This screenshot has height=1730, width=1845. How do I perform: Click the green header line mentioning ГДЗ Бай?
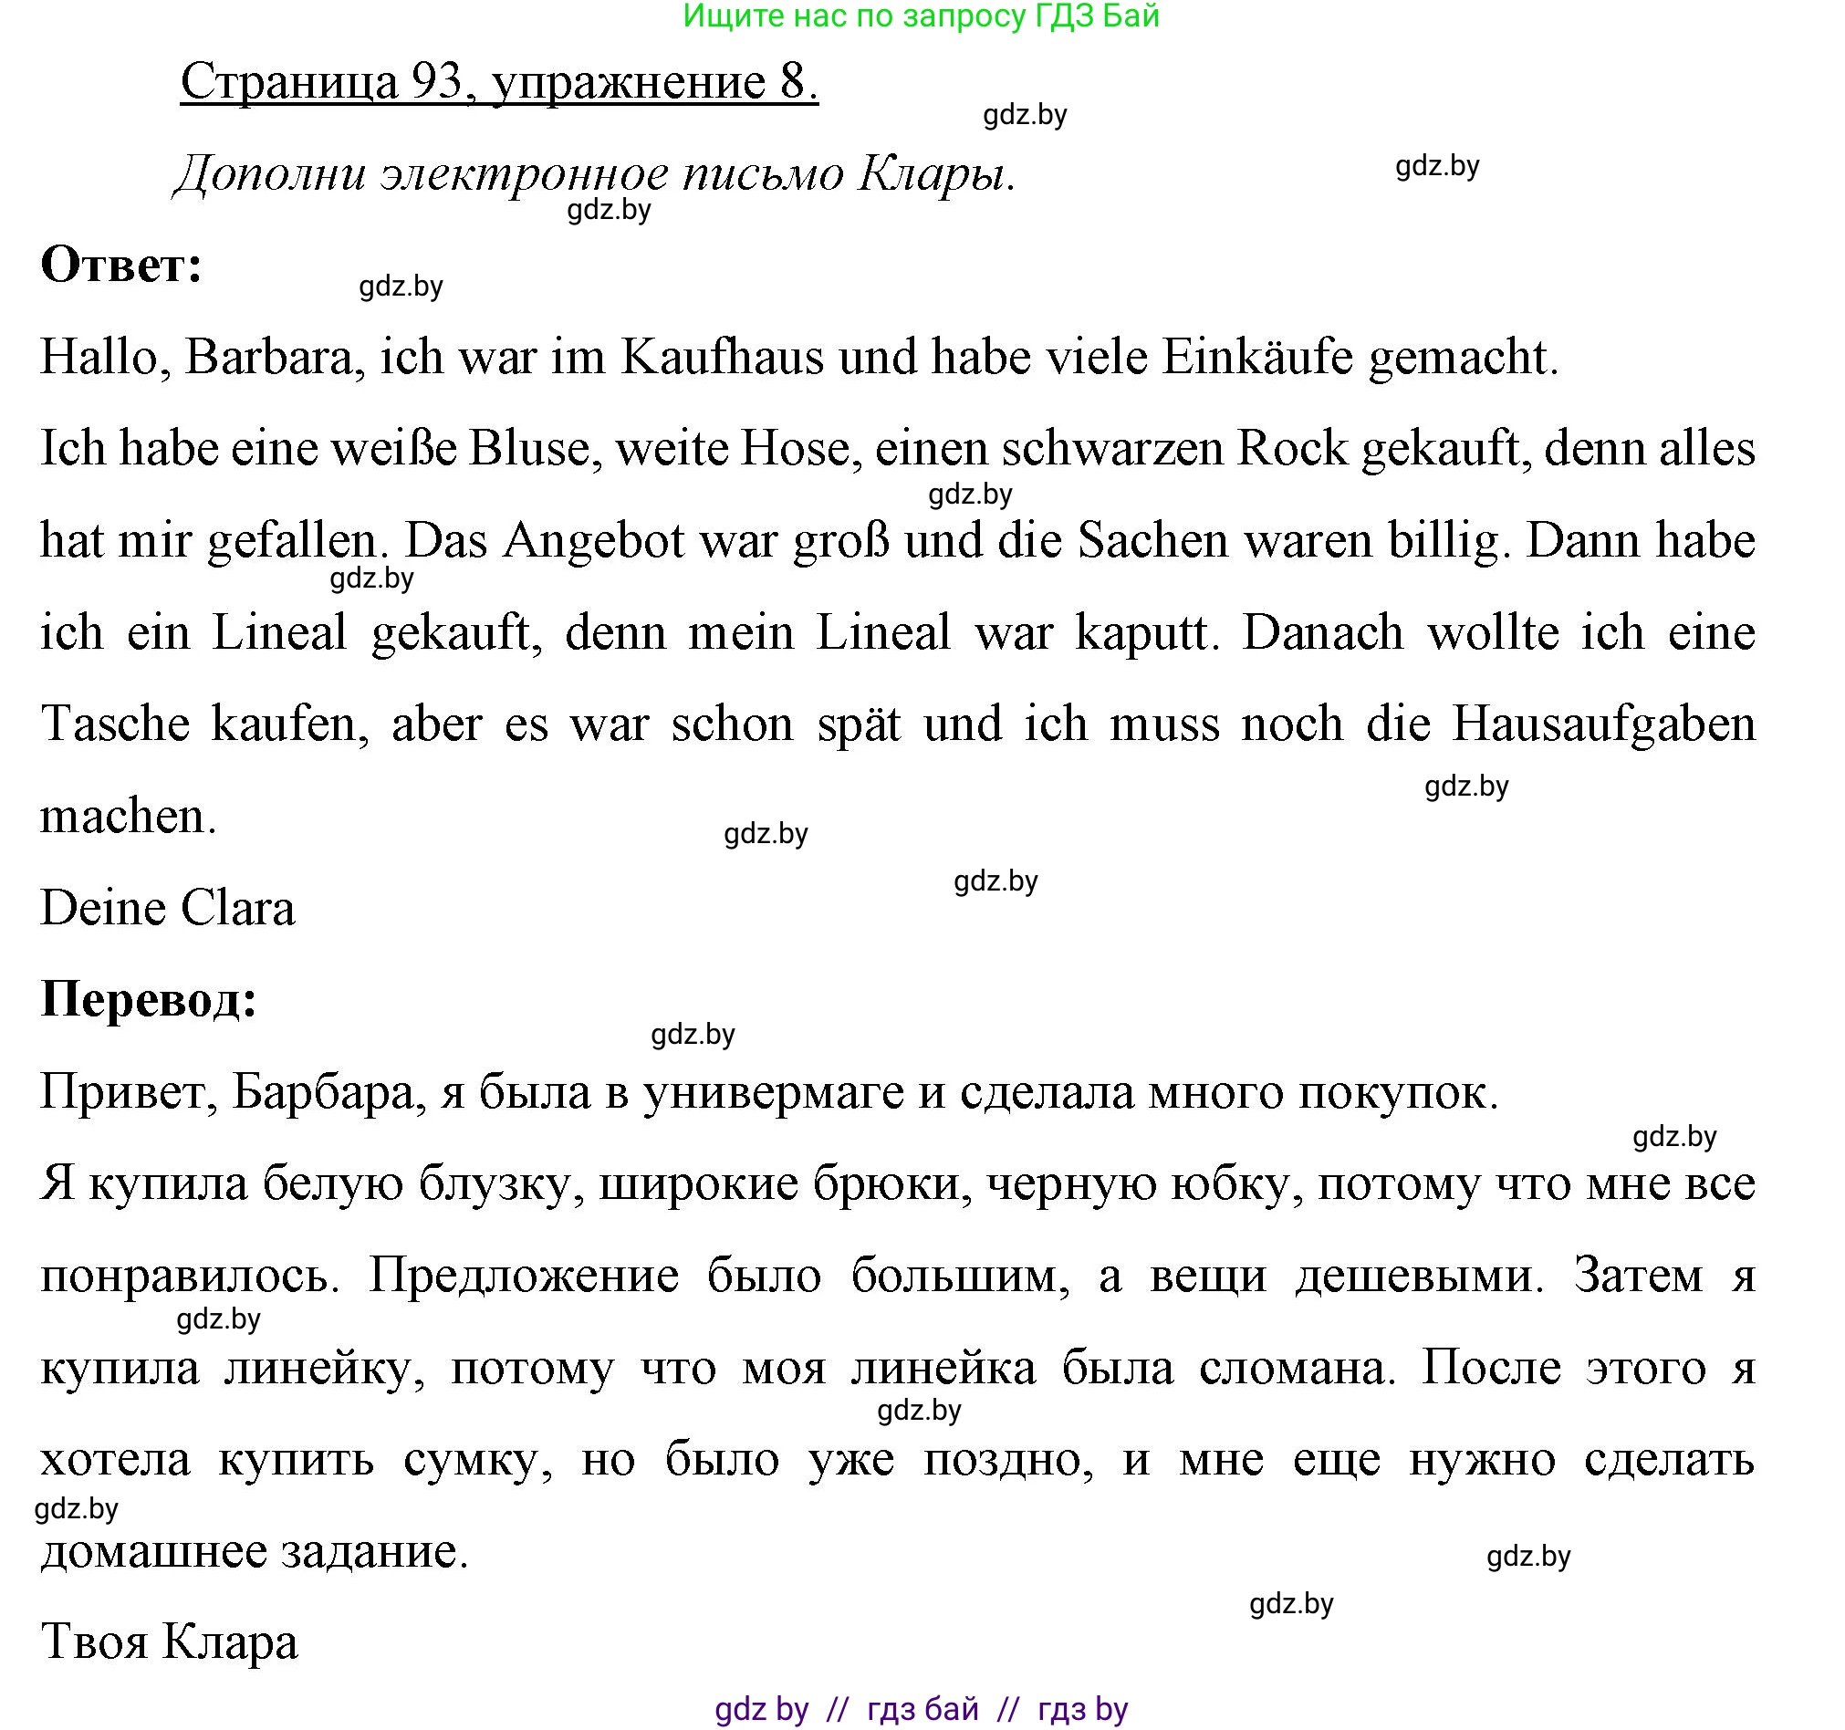point(921,16)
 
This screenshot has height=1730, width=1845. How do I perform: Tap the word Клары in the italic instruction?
point(935,173)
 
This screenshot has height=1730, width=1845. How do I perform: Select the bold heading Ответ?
point(121,266)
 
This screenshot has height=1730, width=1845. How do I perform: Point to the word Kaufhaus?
point(722,357)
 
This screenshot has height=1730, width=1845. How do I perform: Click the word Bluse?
point(529,448)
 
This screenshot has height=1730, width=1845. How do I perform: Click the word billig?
point(1448,540)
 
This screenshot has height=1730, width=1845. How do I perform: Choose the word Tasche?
point(116,724)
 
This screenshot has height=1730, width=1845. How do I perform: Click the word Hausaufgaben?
point(1603,724)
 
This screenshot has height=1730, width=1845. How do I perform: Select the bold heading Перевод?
point(149,999)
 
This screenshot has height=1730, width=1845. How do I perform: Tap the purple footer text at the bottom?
point(921,1709)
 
